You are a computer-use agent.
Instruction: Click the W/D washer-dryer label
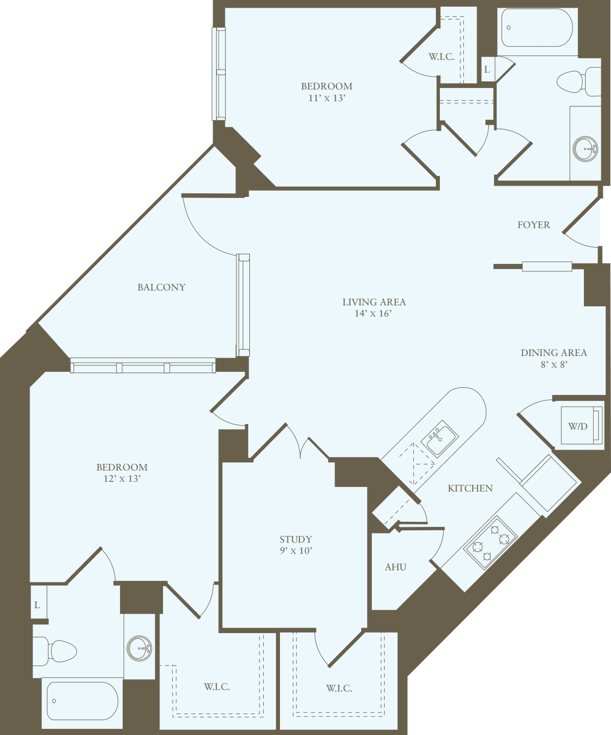click(578, 426)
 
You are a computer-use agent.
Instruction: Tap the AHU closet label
click(395, 567)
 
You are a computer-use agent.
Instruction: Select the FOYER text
click(533, 225)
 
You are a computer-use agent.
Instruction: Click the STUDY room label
click(295, 539)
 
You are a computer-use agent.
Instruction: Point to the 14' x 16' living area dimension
click(373, 314)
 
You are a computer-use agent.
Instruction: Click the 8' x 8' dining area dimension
click(554, 364)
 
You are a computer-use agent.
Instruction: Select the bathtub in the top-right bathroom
click(537, 28)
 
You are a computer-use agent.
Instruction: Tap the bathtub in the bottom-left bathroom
click(82, 701)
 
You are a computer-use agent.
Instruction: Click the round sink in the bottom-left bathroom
click(139, 648)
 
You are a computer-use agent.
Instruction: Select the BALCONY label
click(161, 287)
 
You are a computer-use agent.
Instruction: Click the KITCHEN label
click(470, 488)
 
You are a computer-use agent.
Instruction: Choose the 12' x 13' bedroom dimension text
click(122, 479)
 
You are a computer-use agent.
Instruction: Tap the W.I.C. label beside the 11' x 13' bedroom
click(441, 56)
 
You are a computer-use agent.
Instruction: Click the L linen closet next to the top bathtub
click(487, 70)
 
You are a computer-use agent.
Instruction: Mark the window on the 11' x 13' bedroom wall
click(219, 74)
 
